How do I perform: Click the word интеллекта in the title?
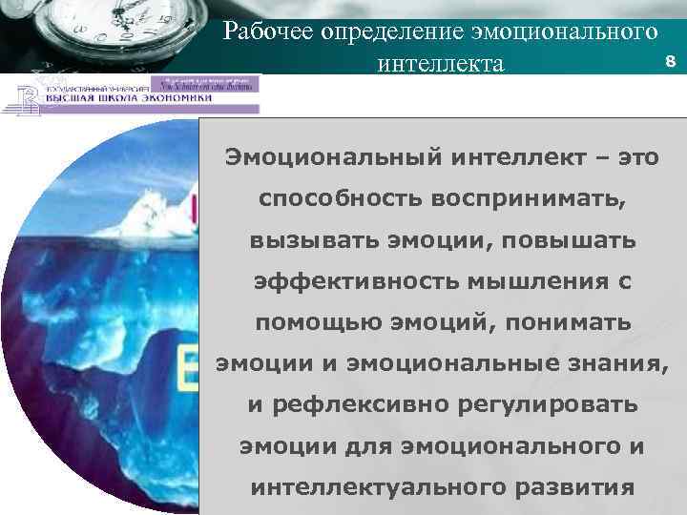[x=440, y=64]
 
